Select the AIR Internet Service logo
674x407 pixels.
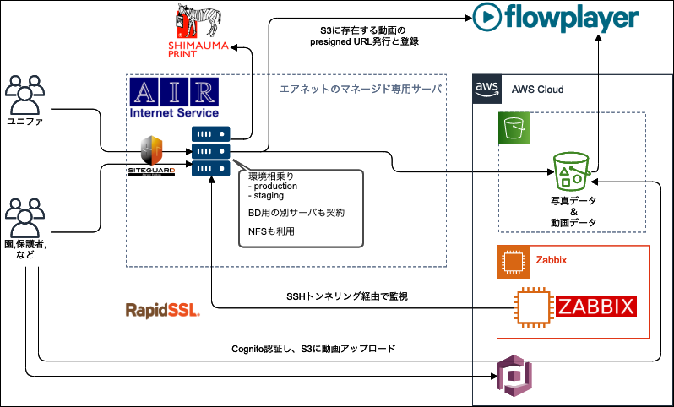point(174,98)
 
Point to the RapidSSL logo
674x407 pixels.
point(162,310)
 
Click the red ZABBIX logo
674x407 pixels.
point(595,306)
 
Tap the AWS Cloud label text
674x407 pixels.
point(537,90)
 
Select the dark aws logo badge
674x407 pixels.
point(486,89)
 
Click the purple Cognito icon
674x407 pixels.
point(510,374)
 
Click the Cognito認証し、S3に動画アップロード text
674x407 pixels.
point(313,348)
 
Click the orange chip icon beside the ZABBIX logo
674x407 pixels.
point(533,307)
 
